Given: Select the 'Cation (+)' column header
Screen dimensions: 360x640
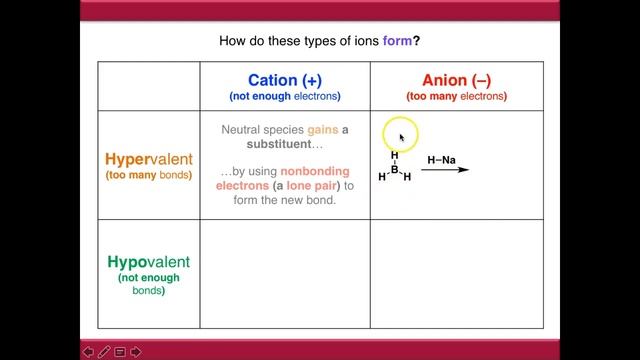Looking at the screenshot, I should pyautogui.click(x=284, y=80).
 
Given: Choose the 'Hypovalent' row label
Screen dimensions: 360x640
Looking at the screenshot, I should pyautogui.click(x=148, y=262).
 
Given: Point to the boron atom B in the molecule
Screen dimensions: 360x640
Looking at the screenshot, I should pyautogui.click(x=395, y=170).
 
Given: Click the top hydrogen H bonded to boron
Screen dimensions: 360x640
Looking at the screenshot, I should pyautogui.click(x=395, y=155).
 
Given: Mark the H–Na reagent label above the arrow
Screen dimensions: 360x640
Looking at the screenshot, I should pyautogui.click(x=442, y=159).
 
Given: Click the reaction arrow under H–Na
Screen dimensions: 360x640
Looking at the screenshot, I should pyautogui.click(x=445, y=171).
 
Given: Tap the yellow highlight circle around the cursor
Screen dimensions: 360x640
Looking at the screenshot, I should pyautogui.click(x=400, y=137).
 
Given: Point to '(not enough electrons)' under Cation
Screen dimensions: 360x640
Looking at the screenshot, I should pyautogui.click(x=284, y=97).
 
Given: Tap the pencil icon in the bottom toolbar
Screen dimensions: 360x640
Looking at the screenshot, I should pyautogui.click(x=104, y=351).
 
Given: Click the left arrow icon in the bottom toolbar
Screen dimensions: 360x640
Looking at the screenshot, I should pyautogui.click(x=87, y=351).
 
